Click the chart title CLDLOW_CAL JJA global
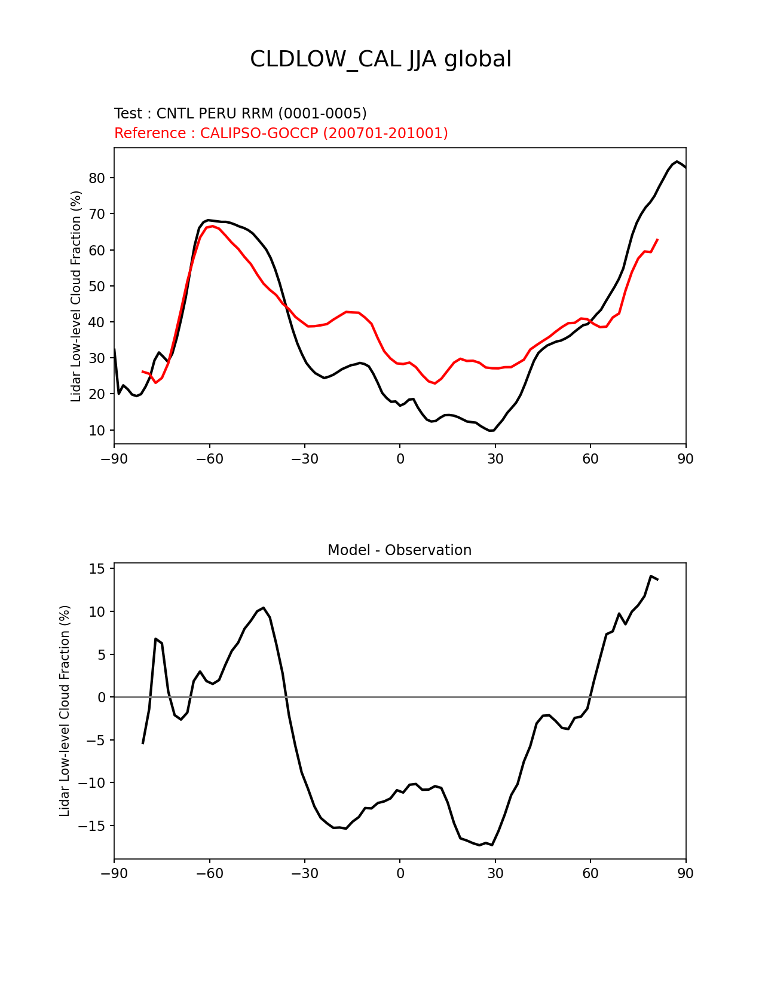point(381,60)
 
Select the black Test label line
point(240,114)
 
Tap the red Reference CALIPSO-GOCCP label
point(281,133)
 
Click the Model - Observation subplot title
point(399,550)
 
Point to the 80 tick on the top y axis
point(97,178)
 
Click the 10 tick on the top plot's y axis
point(97,431)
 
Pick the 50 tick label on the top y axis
point(97,287)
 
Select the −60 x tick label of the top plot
point(209,459)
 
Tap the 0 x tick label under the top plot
point(400,459)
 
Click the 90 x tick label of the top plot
point(686,459)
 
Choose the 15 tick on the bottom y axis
point(97,569)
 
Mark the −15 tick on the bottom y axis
point(93,826)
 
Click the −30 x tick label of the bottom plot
point(304,873)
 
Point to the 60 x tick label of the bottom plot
point(590,873)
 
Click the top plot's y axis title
point(76,296)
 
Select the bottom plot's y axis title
point(65,711)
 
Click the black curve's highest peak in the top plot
point(677,162)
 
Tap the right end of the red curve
point(657,239)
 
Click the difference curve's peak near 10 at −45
point(264,608)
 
